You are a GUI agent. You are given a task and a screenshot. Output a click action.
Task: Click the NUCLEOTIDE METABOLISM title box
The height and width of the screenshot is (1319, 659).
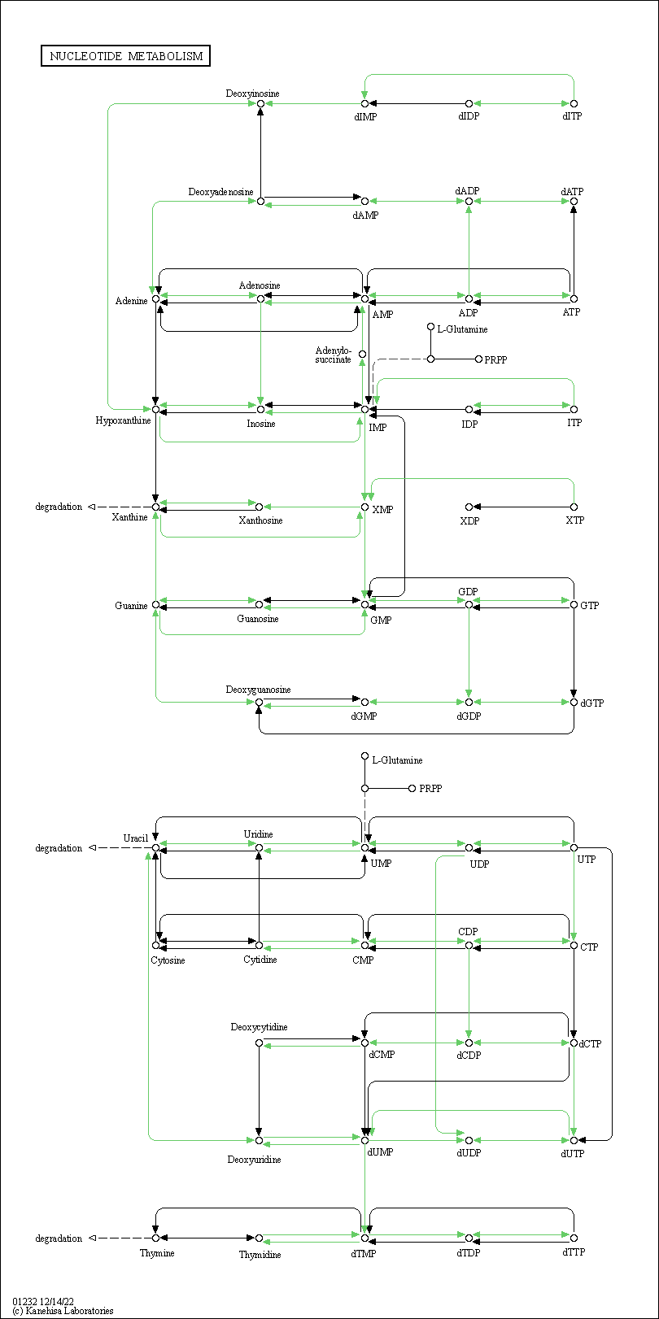tap(125, 56)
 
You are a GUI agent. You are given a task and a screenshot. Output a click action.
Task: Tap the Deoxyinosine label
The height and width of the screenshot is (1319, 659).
tap(252, 94)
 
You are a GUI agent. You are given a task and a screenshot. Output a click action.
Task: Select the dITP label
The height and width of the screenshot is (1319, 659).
tap(572, 116)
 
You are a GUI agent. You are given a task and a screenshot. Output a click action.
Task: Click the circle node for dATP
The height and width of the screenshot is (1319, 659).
tap(574, 202)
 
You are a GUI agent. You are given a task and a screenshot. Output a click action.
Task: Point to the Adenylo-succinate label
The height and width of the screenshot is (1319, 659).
tap(334, 355)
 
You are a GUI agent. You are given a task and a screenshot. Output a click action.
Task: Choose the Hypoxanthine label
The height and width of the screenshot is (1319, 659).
tap(123, 420)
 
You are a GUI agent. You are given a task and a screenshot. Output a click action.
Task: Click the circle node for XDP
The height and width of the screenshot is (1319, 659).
tap(469, 507)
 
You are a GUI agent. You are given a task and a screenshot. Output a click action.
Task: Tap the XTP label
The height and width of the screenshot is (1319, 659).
tap(574, 520)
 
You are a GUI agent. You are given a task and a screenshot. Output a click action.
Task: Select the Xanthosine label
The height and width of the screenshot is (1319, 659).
tap(260, 520)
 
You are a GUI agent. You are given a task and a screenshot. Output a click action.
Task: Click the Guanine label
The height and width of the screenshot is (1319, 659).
tap(131, 605)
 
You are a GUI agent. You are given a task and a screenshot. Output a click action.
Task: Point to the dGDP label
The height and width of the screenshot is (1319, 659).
tap(469, 716)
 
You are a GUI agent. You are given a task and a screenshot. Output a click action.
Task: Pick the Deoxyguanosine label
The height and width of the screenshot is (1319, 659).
tap(258, 690)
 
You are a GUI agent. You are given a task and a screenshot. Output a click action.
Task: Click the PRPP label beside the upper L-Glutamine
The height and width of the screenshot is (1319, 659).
tap(495, 359)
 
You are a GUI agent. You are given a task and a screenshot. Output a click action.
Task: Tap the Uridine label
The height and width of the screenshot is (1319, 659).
tap(258, 834)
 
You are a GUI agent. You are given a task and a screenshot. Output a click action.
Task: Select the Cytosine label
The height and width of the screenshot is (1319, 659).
tap(168, 960)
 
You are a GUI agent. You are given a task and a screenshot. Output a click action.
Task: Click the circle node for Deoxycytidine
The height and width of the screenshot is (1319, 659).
tap(259, 1043)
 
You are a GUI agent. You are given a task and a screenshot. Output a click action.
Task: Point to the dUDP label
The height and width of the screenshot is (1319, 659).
tap(469, 1152)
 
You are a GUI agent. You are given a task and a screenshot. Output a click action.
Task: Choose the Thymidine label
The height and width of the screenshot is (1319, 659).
tap(260, 1255)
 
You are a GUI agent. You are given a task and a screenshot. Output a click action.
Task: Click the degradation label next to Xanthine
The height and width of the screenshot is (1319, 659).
tap(59, 507)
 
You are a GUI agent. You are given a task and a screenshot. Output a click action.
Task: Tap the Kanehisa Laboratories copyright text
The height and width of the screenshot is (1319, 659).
tap(63, 1311)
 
